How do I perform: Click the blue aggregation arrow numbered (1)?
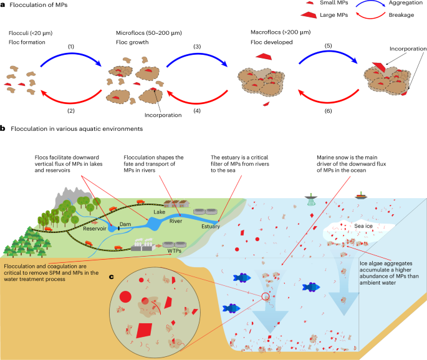[x=71, y=54]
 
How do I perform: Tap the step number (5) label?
[x=328, y=45]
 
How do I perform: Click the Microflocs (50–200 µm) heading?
[x=149, y=33]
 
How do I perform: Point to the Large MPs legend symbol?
[x=309, y=15]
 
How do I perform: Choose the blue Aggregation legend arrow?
[x=370, y=2]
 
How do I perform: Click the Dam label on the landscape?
[x=125, y=224]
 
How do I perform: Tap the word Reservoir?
[x=95, y=229]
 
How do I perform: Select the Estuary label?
[x=211, y=226]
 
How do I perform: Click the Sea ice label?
[x=363, y=226]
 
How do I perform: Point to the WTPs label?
[x=175, y=250]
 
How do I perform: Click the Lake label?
[x=160, y=212]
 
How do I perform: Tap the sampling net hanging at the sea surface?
[x=311, y=200]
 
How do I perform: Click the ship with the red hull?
[x=361, y=196]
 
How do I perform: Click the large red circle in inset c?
[x=125, y=296]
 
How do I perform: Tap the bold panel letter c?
[x=112, y=277]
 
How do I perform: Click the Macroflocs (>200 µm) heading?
[x=281, y=32]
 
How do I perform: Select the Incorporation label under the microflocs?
[x=163, y=115]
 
